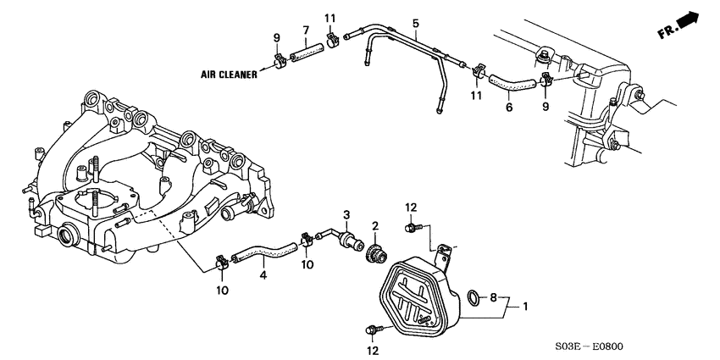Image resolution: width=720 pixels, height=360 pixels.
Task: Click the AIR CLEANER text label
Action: tap(230, 75)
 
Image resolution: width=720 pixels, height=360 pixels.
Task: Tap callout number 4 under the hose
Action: tap(263, 275)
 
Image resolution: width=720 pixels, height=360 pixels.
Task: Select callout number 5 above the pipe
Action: tap(416, 23)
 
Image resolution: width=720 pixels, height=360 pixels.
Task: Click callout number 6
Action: tap(508, 108)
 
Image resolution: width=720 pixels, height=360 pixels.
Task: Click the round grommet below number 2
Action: tap(373, 253)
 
